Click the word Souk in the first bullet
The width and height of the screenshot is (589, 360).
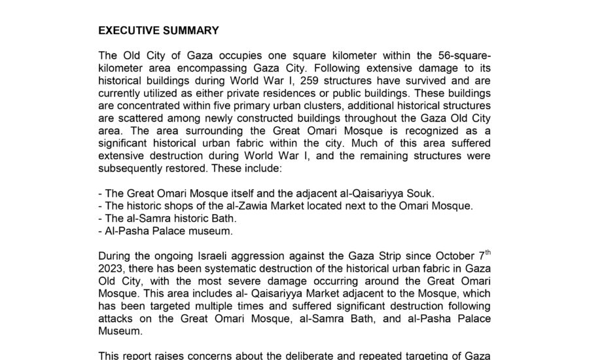coord(421,193)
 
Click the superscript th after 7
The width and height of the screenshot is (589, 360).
coord(486,252)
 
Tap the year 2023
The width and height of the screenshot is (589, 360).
coord(111,267)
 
